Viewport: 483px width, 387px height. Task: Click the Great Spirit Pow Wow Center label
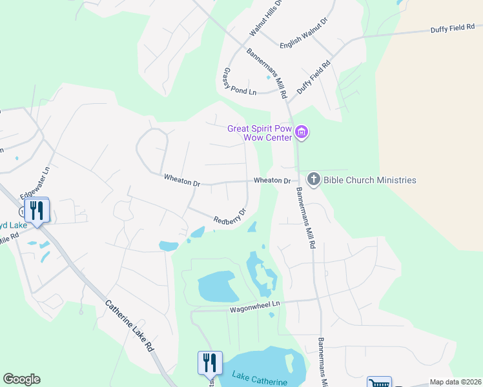point(259,132)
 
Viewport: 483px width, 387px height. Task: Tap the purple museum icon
point(302,133)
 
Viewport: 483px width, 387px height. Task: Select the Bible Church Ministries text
point(369,180)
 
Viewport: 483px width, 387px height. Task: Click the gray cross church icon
point(313,179)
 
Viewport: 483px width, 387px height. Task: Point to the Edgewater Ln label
point(35,183)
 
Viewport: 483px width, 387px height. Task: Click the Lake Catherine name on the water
point(260,379)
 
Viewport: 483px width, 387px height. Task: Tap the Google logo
point(21,379)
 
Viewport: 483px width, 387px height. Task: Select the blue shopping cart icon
point(379,382)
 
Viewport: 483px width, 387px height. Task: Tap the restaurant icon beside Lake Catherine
point(209,363)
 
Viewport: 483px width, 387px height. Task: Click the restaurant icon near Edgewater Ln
point(37,210)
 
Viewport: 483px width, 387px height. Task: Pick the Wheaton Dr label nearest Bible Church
point(272,181)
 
